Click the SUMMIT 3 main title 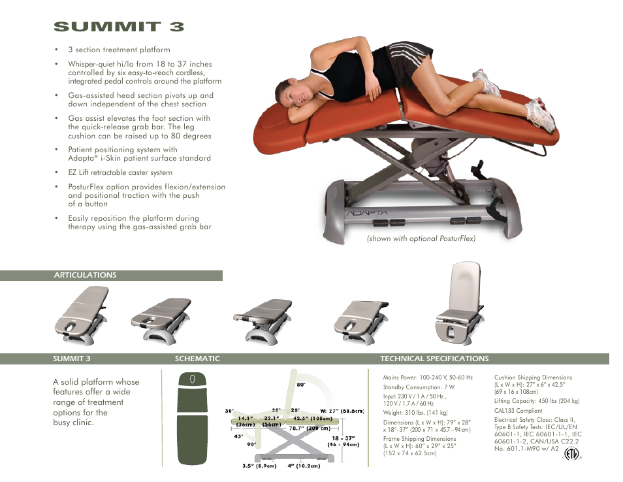pyautogui.click(x=119, y=27)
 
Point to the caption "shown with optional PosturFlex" pyautogui.click(x=421, y=238)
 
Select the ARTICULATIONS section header pyautogui.click(x=85, y=275)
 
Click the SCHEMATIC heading pyautogui.click(x=197, y=359)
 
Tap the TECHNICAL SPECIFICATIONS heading pyautogui.click(x=434, y=359)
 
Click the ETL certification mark pyautogui.click(x=571, y=454)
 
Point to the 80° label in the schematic pyautogui.click(x=301, y=385)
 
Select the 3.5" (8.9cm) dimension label pyautogui.click(x=259, y=466)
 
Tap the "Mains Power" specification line pyautogui.click(x=428, y=378)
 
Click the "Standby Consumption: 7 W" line pyautogui.click(x=419, y=387)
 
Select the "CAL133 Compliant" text pyautogui.click(x=518, y=411)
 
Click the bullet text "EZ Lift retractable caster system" pyautogui.click(x=120, y=172)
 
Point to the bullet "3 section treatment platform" pyautogui.click(x=119, y=50)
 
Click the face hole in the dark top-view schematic pyautogui.click(x=192, y=379)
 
